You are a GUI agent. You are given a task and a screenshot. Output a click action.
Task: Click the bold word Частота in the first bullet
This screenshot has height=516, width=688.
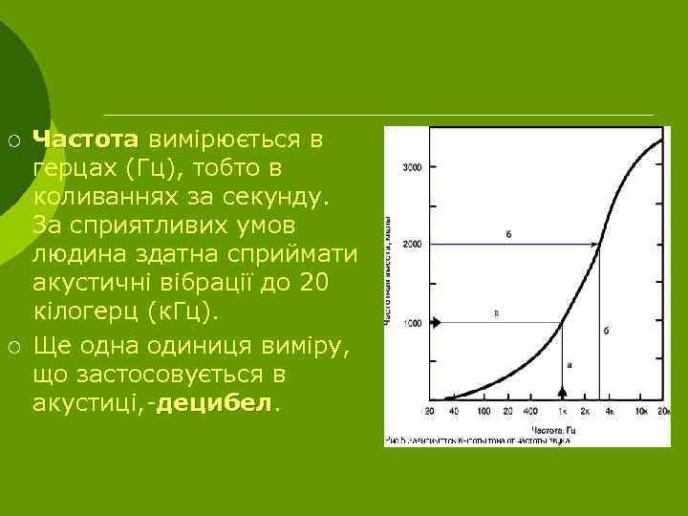point(85,140)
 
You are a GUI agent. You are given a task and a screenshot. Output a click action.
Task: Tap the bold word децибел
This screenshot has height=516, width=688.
point(213,403)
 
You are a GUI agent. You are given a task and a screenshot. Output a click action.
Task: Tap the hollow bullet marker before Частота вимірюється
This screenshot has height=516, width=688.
point(14,140)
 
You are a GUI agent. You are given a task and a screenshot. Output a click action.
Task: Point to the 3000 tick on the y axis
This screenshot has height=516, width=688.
point(412,168)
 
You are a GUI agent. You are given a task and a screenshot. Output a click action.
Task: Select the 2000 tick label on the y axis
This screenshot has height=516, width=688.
point(412,246)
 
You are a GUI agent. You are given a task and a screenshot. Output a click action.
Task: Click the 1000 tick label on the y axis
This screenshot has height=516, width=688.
point(412,324)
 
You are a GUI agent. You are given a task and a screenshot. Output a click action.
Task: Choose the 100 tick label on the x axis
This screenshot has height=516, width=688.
point(484,410)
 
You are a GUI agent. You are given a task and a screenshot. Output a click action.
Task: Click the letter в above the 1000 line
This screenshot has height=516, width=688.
point(497,313)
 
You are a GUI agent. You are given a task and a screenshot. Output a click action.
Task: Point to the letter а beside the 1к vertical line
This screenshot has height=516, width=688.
point(570,364)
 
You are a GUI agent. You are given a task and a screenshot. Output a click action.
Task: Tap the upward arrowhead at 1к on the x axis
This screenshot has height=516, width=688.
point(562,392)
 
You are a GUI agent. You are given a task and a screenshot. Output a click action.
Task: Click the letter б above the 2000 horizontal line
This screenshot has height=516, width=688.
point(507,234)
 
